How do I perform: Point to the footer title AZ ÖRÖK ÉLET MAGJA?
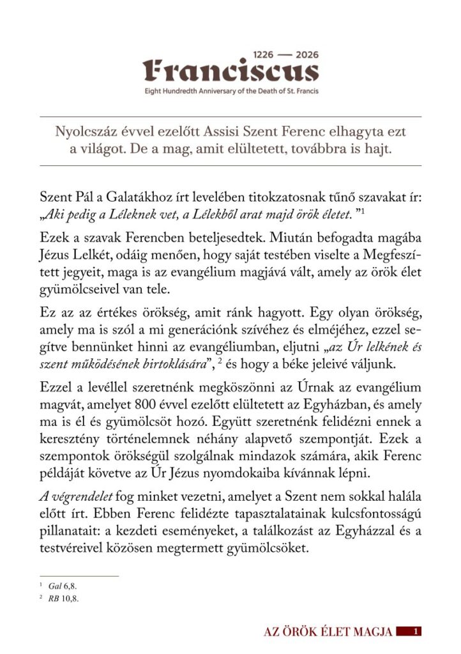pyautogui.click(x=328, y=632)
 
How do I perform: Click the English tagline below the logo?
pyautogui.click(x=230, y=91)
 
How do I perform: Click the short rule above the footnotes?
pyautogui.click(x=79, y=575)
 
